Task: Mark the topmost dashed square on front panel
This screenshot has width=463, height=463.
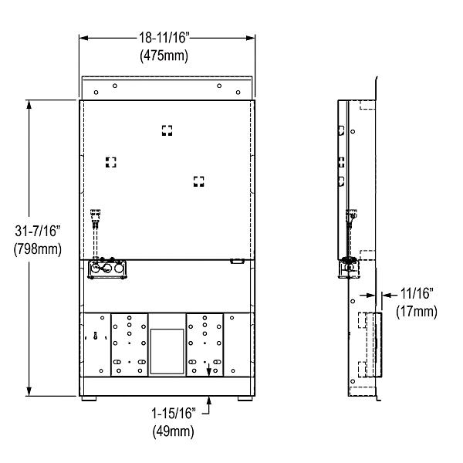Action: coord(167,130)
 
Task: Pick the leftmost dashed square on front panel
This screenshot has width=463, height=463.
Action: coord(110,162)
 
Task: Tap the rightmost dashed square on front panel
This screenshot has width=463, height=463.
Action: coord(199,181)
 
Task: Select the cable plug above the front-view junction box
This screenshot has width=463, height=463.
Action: coord(96,217)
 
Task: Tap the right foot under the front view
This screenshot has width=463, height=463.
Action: coord(245,400)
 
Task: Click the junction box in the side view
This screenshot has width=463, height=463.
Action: coord(347,268)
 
